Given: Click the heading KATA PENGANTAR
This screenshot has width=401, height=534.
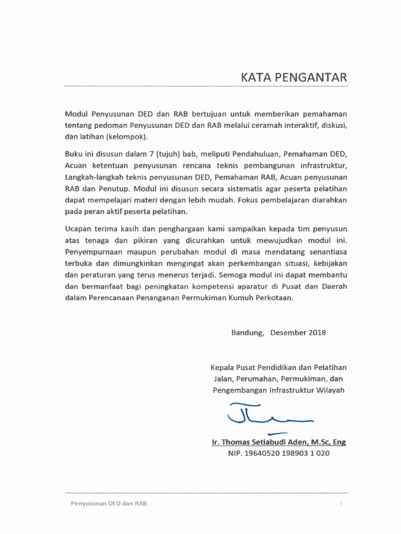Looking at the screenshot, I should pyautogui.click(x=293, y=78).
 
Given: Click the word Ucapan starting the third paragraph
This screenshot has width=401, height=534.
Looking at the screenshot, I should pyautogui.click(x=79, y=229).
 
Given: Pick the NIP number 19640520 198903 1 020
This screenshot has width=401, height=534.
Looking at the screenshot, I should pyautogui.click(x=278, y=453).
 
